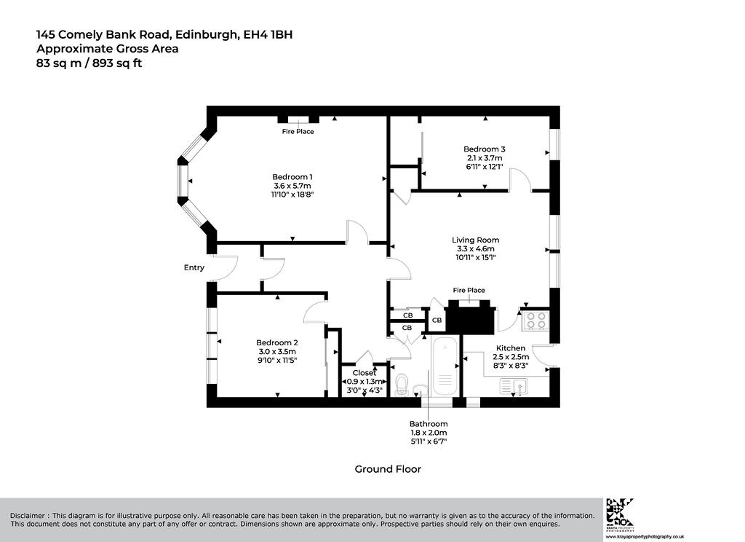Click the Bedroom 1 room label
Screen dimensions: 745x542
coord(292,177)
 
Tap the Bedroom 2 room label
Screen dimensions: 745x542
coord(277,342)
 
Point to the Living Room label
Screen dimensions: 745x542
coord(475,240)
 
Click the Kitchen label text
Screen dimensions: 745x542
coord(511,348)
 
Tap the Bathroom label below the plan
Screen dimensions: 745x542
coord(429,424)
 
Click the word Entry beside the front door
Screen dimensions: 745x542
coord(194,268)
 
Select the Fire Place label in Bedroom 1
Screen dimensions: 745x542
coord(298,131)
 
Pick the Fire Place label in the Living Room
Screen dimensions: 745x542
coord(469,290)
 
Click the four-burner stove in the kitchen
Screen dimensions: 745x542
coord(536,321)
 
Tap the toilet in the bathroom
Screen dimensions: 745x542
coord(402,385)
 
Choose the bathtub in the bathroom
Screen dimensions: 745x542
coord(445,366)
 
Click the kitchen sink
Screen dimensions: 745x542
coord(514,386)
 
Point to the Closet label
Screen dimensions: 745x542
coord(364,373)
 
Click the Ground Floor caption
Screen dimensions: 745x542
coord(388,469)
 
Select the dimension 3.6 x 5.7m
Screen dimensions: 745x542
coord(292,186)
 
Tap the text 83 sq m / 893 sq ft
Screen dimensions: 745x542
coord(89,63)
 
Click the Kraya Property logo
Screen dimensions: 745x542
coord(620,514)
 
